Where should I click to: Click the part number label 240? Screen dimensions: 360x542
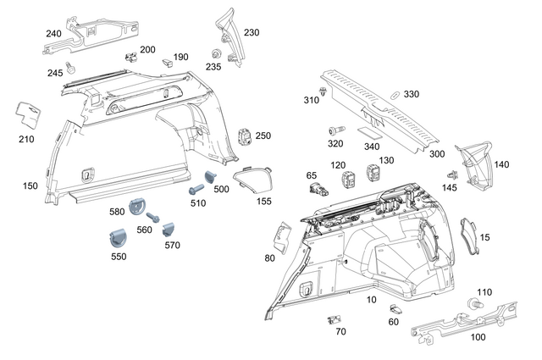click(x=53, y=34)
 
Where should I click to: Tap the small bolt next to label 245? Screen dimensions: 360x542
click(x=72, y=65)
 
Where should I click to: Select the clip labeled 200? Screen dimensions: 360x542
click(x=130, y=58)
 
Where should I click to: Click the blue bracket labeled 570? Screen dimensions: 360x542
click(x=169, y=228)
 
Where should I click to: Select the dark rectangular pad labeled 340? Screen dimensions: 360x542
click(x=368, y=132)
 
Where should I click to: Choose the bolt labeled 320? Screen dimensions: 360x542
click(x=334, y=131)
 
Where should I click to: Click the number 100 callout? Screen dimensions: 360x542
click(x=478, y=337)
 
